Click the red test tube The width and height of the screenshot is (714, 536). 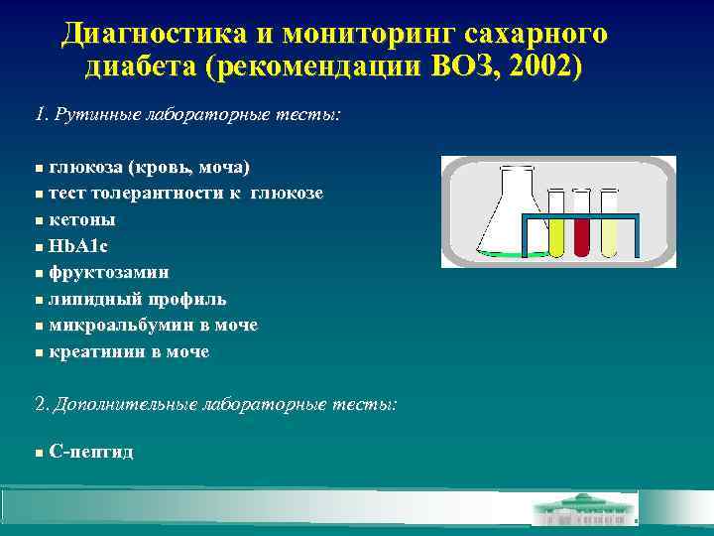pyautogui.click(x=582, y=223)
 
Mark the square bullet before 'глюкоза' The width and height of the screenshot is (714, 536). pyautogui.click(x=39, y=166)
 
